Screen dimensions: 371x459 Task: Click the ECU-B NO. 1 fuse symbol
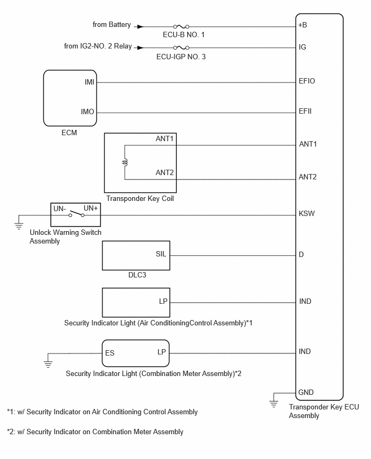click(181, 26)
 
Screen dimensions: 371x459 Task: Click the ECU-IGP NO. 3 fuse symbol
click(181, 47)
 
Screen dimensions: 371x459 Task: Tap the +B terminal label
click(303, 25)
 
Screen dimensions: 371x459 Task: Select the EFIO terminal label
click(307, 81)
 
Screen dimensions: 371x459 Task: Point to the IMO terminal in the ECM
click(87, 112)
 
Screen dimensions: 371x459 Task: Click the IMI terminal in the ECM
click(90, 82)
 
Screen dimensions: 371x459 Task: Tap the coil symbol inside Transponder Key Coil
click(126, 163)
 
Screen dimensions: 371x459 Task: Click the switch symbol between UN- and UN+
click(77, 214)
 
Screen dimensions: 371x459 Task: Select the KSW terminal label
click(306, 213)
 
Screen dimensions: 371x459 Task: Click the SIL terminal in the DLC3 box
click(161, 254)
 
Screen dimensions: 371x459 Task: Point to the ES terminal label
click(109, 353)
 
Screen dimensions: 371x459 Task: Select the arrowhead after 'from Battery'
click(140, 26)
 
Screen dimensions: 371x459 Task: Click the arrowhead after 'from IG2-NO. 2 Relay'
click(140, 47)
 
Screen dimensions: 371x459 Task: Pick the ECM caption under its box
click(69, 133)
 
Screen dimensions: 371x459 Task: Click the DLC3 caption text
click(137, 275)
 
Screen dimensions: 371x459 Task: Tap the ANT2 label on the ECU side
click(308, 177)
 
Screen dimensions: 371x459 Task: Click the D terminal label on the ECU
click(301, 255)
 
